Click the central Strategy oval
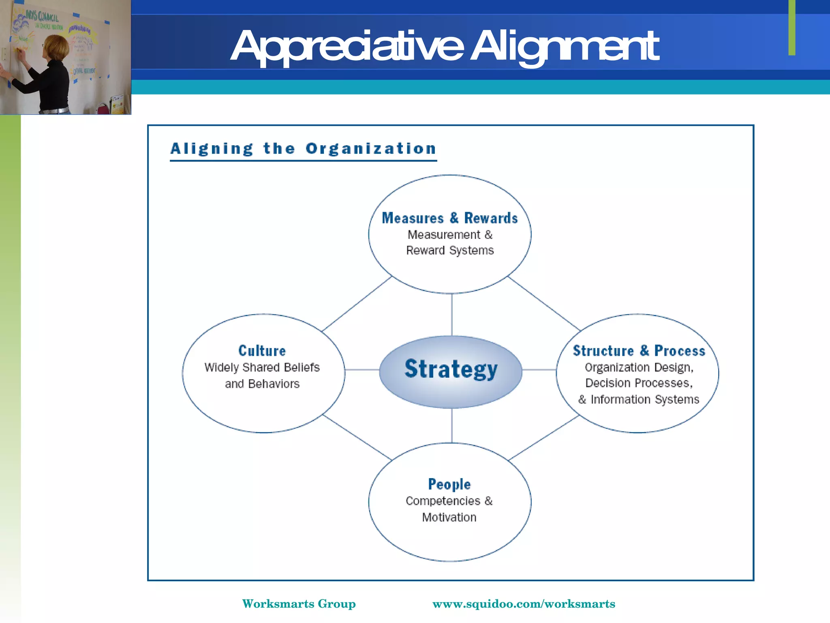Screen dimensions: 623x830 click(451, 371)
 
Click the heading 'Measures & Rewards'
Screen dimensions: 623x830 click(450, 218)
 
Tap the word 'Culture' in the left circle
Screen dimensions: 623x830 click(262, 351)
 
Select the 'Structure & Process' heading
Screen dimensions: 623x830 click(639, 351)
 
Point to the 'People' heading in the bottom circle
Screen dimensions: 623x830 click(449, 484)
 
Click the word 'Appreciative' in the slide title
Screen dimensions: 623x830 click(347, 47)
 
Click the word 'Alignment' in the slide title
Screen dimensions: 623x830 click(564, 47)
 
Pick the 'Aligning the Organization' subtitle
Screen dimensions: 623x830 click(303, 149)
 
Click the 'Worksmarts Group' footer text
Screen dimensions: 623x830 click(299, 604)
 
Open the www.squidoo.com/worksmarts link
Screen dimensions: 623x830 click(524, 604)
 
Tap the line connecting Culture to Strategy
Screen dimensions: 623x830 click(362, 370)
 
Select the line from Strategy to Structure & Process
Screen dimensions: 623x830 click(539, 370)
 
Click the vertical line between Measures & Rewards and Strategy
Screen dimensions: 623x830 click(452, 314)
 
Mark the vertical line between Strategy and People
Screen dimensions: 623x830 click(452, 425)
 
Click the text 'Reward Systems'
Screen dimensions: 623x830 click(450, 251)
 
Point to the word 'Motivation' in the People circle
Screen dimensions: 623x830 click(449, 518)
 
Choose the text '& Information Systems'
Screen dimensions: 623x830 click(639, 400)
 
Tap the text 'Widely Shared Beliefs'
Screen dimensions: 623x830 click(262, 367)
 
